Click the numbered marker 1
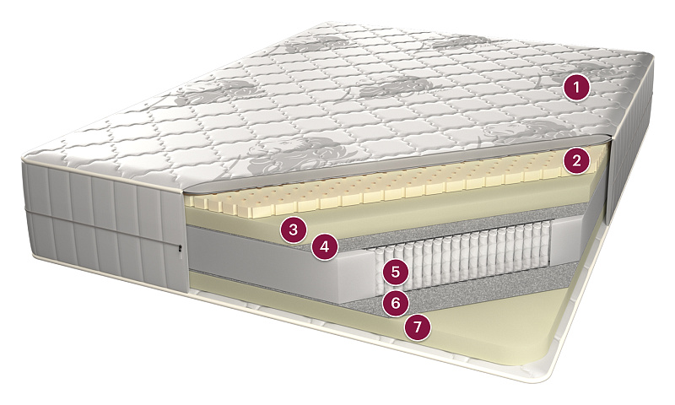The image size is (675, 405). [x=576, y=88]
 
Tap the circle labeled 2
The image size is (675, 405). [x=576, y=161]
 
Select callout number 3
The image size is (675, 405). [x=293, y=229]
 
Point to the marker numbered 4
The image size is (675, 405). [x=325, y=247]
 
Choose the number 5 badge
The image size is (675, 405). [x=396, y=272]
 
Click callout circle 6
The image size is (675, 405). [x=396, y=303]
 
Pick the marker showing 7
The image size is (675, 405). [x=417, y=327]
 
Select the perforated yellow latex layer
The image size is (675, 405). [x=387, y=187]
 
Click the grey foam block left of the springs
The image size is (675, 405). [x=276, y=262]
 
